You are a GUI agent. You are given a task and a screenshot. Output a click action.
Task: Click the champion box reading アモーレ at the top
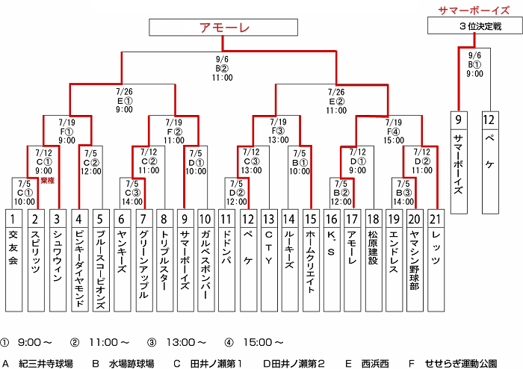(225, 28)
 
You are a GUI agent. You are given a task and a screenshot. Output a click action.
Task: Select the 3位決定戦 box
(475, 26)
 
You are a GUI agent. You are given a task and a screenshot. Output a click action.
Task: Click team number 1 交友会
(13, 261)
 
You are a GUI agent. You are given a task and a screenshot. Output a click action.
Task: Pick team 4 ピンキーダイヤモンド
(78, 261)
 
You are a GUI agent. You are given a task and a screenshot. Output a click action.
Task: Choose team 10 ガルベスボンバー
(205, 261)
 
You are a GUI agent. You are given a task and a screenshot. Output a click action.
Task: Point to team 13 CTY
(270, 261)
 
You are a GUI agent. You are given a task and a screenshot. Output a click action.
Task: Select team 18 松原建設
(374, 261)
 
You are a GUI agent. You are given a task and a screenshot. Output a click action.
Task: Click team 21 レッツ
(436, 261)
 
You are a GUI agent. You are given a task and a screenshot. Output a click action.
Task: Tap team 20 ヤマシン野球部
(415, 261)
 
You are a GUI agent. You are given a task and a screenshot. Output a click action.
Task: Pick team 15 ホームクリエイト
(311, 261)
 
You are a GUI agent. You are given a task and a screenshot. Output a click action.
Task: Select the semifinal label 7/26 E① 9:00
(124, 99)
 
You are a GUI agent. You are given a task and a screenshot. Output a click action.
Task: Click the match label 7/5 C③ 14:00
(132, 192)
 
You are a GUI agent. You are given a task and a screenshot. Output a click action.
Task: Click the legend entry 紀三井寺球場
(46, 364)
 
